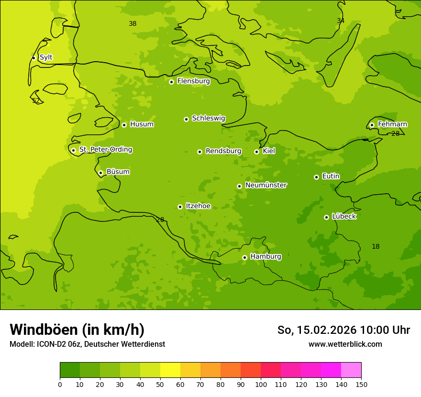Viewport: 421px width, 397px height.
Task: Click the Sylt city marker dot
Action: pos(33,58)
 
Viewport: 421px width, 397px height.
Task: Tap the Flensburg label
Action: pos(193,81)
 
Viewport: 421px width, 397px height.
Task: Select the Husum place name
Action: pos(142,124)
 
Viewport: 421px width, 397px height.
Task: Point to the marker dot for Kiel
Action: pos(256,152)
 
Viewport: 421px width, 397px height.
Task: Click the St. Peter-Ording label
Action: pos(105,150)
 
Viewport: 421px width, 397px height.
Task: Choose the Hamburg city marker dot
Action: pos(244,257)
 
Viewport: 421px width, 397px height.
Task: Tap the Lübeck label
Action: pos(343,217)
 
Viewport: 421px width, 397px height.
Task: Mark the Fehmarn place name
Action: pos(392,124)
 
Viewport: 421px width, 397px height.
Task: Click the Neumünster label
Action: pos(266,185)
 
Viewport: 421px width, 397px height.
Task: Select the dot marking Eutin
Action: pos(316,177)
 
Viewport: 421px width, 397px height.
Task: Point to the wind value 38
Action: pos(133,23)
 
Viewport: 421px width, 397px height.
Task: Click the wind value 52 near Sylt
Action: pos(36,100)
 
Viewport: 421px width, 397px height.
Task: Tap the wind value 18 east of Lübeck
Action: pos(376,246)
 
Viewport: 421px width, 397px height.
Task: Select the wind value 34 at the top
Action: pos(340,21)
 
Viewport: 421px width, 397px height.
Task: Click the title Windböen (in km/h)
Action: pos(77,330)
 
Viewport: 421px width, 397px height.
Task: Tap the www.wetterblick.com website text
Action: pos(345,344)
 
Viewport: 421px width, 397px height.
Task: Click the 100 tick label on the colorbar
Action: pos(261,384)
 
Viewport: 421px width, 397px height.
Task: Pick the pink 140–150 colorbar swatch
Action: pos(351,370)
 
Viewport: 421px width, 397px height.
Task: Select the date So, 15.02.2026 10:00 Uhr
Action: pos(343,330)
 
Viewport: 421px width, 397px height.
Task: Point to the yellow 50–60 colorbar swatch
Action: pos(170,370)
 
